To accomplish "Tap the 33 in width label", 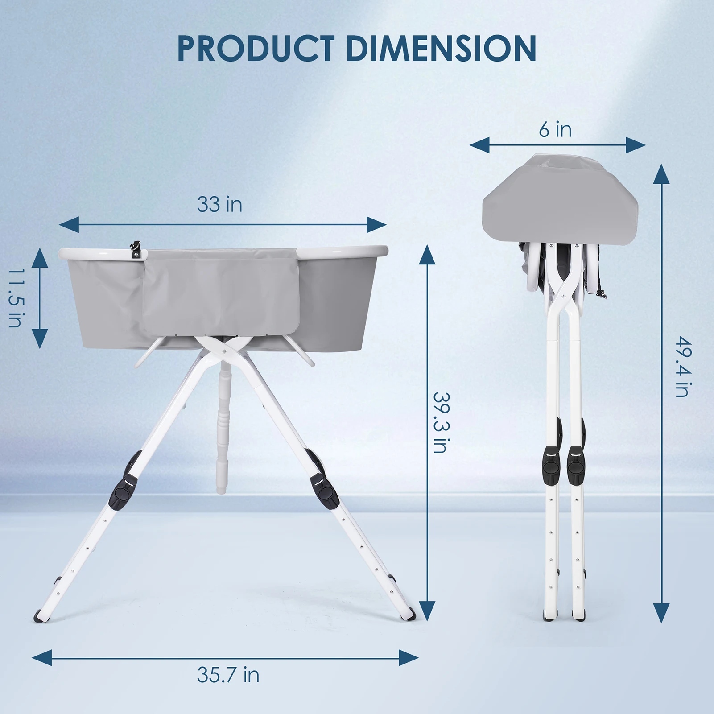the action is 219,204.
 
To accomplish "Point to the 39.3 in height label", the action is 441,422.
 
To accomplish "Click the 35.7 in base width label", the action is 228,675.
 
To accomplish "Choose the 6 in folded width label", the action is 555,129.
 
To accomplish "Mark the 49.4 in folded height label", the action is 683,367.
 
